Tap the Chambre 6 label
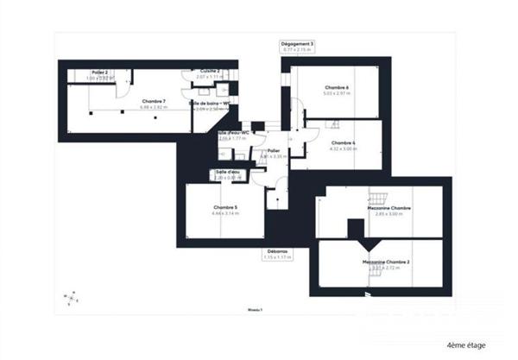pyautogui.click(x=337, y=87)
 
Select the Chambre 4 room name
pyautogui.click(x=343, y=142)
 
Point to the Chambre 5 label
pyautogui.click(x=224, y=207)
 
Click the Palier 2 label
pyautogui.click(x=100, y=73)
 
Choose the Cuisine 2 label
pyautogui.click(x=210, y=71)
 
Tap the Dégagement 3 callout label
pyautogui.click(x=297, y=43)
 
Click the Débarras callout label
pyautogui.click(x=277, y=251)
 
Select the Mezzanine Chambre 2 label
pyautogui.click(x=385, y=261)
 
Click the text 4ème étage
pyautogui.click(x=466, y=344)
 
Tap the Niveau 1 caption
pyautogui.click(x=254, y=308)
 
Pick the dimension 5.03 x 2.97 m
pyautogui.click(x=337, y=93)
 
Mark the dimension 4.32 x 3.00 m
pyautogui.click(x=343, y=148)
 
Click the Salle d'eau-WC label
pyautogui.click(x=233, y=132)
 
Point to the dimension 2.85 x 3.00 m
pyautogui.click(x=389, y=214)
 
